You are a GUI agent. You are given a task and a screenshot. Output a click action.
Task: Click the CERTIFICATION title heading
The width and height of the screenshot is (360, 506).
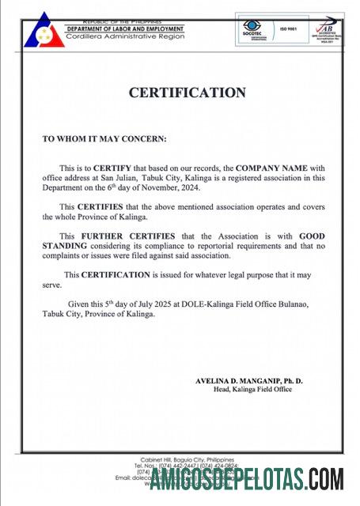coord(188,93)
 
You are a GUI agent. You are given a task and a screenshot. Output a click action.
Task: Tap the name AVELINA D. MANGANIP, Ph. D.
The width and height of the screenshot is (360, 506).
coord(248,380)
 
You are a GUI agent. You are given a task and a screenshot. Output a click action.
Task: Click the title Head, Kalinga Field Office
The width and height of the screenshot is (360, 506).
coord(252,390)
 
